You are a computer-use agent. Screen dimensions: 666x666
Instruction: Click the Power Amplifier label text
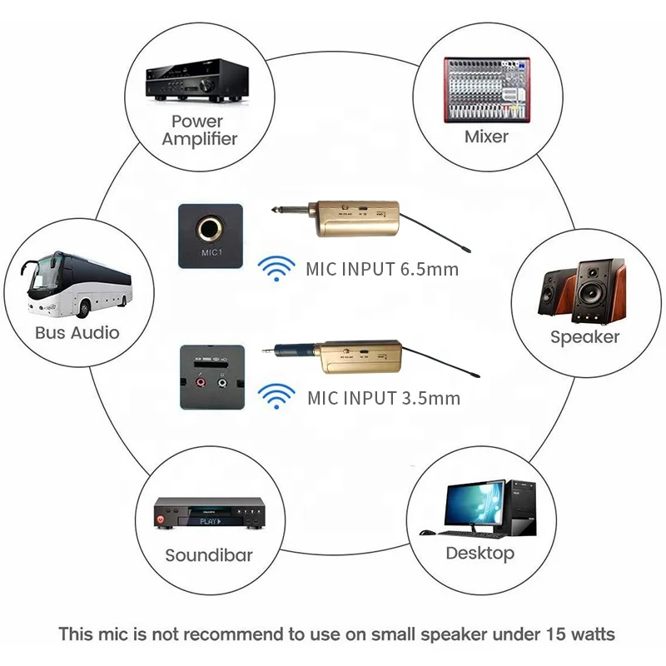tap(199, 130)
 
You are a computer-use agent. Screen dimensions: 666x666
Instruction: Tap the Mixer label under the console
tap(486, 136)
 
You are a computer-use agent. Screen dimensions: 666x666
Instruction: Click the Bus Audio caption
tap(77, 332)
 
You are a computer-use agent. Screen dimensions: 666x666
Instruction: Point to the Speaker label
tap(584, 336)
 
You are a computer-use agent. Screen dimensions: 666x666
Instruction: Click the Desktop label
tap(480, 553)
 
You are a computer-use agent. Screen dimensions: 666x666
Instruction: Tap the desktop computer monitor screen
tap(471, 504)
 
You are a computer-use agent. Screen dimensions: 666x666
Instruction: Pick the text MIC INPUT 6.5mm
tap(382, 269)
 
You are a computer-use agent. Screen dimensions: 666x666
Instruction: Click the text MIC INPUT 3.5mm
tap(382, 397)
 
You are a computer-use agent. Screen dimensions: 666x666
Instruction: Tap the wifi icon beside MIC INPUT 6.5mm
tap(276, 266)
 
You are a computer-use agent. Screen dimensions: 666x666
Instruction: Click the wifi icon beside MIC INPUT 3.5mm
tap(276, 395)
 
